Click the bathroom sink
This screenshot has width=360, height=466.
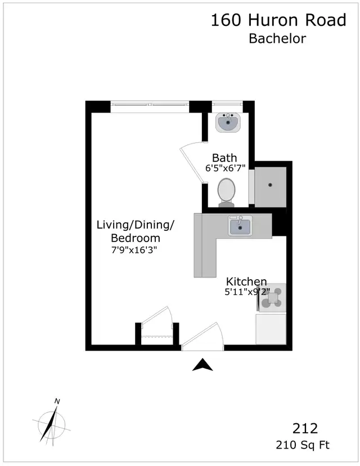click(228, 122)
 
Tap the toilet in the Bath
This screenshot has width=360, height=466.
click(226, 192)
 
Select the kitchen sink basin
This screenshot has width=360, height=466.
click(240, 226)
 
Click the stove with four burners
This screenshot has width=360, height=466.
click(272, 298)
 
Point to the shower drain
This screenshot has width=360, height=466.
click(270, 185)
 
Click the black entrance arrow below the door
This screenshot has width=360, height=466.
click(202, 365)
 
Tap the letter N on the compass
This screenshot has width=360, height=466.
click(57, 401)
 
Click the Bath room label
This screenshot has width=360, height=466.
click(224, 158)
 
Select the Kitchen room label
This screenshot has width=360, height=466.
click(246, 281)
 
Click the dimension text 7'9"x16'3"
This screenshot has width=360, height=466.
click(134, 250)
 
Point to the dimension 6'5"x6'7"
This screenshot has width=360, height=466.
click(225, 168)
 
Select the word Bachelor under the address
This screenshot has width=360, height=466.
click(277, 39)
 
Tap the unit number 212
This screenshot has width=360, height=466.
click(305, 428)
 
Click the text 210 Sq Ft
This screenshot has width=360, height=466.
click(303, 445)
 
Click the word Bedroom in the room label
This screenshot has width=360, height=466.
click(136, 238)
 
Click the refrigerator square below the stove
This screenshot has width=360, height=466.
click(271, 329)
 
